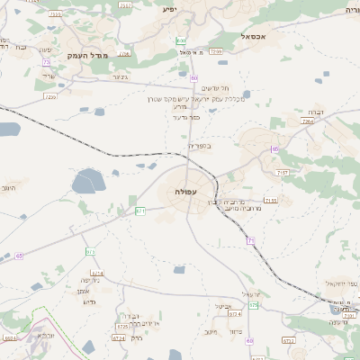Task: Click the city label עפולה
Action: pyautogui.click(x=187, y=192)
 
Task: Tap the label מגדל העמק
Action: pyautogui.click(x=86, y=55)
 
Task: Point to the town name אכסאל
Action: pyautogui.click(x=256, y=37)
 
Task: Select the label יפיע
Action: pyautogui.click(x=170, y=9)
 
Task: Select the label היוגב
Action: pyautogui.click(x=9, y=190)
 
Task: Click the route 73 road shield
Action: pyautogui.click(x=46, y=62)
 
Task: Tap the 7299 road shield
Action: pyautogui.click(x=215, y=52)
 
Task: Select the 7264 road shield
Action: pyautogui.click(x=309, y=121)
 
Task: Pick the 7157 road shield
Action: pyautogui.click(x=283, y=171)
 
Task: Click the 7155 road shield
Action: pyautogui.click(x=271, y=201)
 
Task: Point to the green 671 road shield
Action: pyautogui.click(x=140, y=211)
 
